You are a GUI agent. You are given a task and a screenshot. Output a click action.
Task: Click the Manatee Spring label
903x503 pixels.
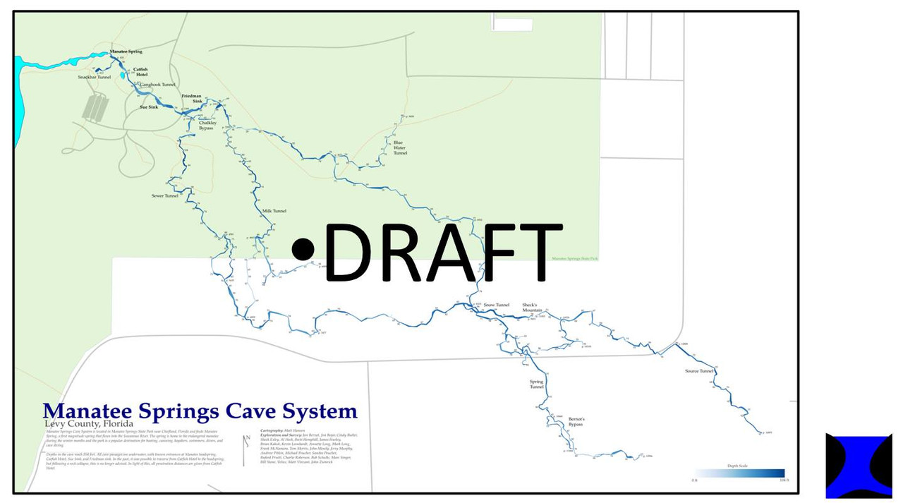pyautogui.click(x=126, y=51)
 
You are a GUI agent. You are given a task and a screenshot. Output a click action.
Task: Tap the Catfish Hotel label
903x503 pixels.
pyautogui.click(x=140, y=71)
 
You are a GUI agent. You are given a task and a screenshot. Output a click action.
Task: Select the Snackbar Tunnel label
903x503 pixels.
pyautogui.click(x=95, y=77)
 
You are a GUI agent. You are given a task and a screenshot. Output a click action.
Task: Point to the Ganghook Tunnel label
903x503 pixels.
pyautogui.click(x=157, y=85)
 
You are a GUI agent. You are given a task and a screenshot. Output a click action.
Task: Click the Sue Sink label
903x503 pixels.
pyautogui.click(x=148, y=107)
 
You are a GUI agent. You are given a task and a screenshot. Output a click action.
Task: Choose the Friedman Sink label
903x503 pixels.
pyautogui.click(x=192, y=98)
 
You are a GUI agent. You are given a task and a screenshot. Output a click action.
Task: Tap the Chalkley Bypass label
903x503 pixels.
pyautogui.click(x=207, y=126)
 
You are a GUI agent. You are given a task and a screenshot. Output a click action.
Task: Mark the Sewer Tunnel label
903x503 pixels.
pyautogui.click(x=165, y=195)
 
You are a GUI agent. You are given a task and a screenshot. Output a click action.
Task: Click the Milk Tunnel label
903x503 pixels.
pyautogui.click(x=274, y=211)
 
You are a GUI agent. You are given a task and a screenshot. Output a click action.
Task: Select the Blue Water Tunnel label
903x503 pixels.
pyautogui.click(x=400, y=147)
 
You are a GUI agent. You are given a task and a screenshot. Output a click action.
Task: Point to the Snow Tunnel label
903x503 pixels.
pyautogui.click(x=496, y=305)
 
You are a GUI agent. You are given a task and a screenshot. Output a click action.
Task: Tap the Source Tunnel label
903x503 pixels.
pyautogui.click(x=699, y=371)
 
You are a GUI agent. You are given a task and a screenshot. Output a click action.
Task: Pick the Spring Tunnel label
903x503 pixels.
pyautogui.click(x=537, y=384)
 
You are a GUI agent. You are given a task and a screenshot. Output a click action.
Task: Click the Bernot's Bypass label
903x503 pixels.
pyautogui.click(x=576, y=422)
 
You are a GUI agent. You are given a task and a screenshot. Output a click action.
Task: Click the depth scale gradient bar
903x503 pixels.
pyautogui.click(x=739, y=473)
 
